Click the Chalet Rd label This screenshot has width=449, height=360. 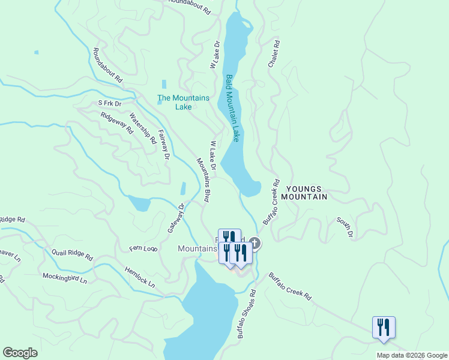[x=274, y=53]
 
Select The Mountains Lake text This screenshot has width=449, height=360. [x=183, y=102]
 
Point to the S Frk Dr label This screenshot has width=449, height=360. [x=110, y=103]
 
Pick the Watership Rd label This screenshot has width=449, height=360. [x=143, y=130]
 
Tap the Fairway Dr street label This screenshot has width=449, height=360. [x=164, y=146]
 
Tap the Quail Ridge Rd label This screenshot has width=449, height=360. [x=72, y=255]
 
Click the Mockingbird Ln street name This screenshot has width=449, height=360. [x=65, y=278]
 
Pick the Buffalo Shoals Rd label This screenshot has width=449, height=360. [x=246, y=315]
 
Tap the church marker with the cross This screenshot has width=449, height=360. [x=255, y=243]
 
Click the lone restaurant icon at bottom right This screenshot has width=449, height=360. [x=384, y=328]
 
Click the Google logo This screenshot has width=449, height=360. [x=20, y=353]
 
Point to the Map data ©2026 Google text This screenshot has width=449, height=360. [x=411, y=355]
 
